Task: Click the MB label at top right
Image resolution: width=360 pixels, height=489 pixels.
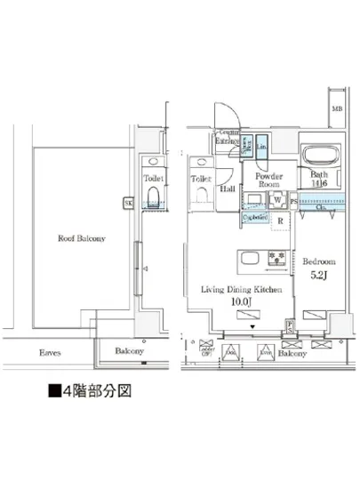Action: click(336, 109)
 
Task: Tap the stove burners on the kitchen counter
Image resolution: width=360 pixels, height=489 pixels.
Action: click(276, 261)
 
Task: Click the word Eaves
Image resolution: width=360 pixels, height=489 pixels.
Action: click(50, 352)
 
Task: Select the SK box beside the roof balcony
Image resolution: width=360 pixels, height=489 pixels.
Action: click(128, 203)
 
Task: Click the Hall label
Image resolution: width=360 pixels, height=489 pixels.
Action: click(228, 190)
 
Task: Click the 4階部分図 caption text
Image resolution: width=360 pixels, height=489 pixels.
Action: click(96, 391)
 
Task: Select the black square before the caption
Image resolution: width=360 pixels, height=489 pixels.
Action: click(53, 391)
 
